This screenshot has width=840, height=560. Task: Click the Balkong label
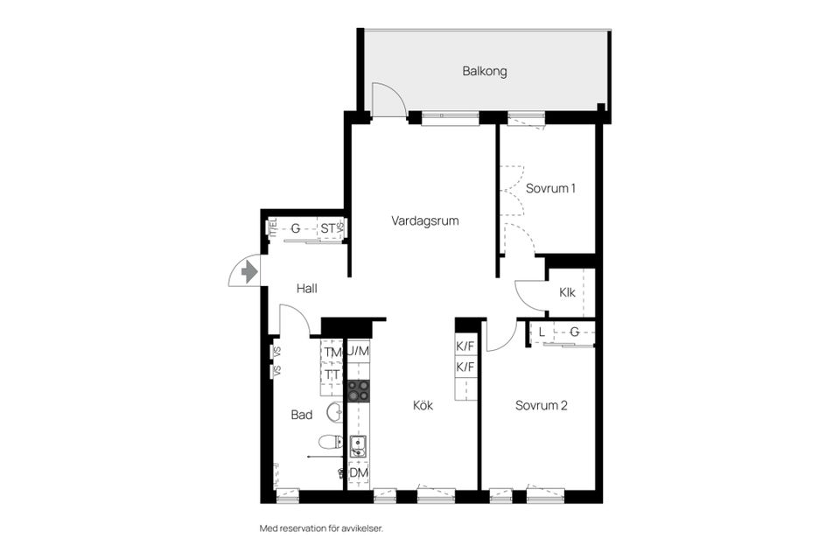click(485, 72)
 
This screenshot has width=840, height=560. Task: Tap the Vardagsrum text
click(425, 221)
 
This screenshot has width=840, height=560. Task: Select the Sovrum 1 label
click(550, 188)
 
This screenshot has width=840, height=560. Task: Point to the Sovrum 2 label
click(542, 405)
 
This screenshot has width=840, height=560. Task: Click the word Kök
click(423, 405)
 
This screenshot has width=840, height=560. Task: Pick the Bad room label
click(302, 415)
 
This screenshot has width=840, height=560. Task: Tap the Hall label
click(306, 288)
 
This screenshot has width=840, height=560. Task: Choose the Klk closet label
click(567, 292)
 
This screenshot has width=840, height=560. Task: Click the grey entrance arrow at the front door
click(249, 271)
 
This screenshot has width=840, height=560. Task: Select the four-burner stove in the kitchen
click(359, 390)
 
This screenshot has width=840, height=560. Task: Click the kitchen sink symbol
click(358, 448)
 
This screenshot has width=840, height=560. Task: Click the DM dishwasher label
click(359, 473)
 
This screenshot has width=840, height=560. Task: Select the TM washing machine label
click(332, 353)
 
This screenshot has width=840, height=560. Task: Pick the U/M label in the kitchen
click(359, 352)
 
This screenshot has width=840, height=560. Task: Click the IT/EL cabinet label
click(272, 227)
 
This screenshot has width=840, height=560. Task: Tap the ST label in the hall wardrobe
click(328, 229)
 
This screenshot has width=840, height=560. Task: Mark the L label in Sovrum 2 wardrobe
click(542, 332)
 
